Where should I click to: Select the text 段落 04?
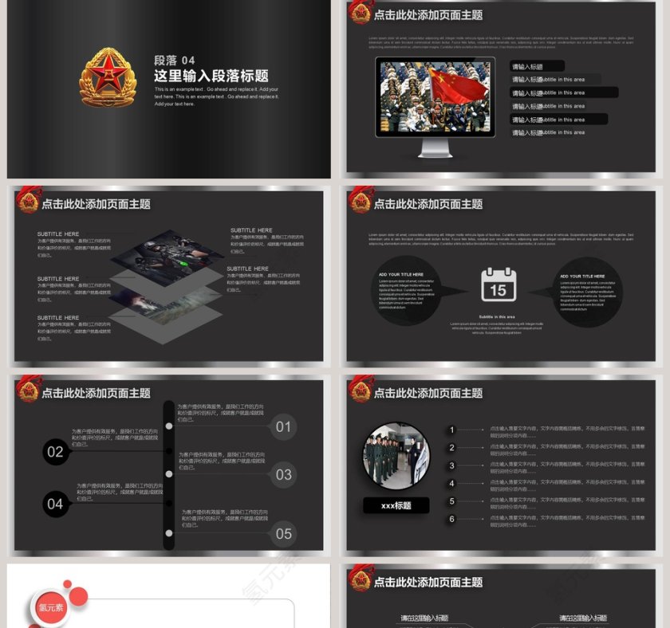tap(174, 61)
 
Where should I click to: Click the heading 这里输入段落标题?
tap(211, 77)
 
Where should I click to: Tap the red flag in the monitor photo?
tap(455, 85)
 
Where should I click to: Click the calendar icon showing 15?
tap(499, 285)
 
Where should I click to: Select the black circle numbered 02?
tap(55, 453)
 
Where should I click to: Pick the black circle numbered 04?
tap(55, 504)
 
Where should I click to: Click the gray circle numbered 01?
tap(283, 426)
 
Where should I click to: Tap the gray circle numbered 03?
tap(283, 475)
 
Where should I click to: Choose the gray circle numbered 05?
tap(283, 534)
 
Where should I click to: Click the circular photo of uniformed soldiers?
tap(396, 456)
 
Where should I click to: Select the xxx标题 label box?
tap(396, 505)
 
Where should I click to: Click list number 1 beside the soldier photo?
tap(451, 430)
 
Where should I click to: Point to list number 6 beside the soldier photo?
tap(451, 520)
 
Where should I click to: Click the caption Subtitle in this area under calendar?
tap(498, 317)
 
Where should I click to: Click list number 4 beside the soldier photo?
tap(451, 484)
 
